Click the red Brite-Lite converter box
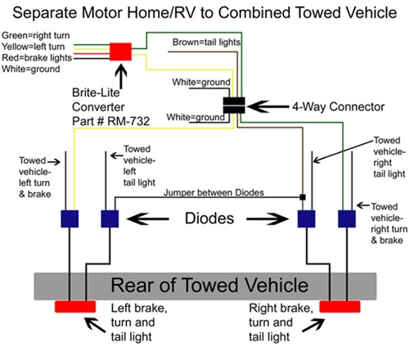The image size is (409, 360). click(x=120, y=52)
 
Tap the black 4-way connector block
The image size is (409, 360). click(x=234, y=106)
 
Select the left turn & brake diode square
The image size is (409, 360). click(x=70, y=218)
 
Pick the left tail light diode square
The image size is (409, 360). click(x=110, y=218)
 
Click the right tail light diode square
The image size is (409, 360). click(x=307, y=218)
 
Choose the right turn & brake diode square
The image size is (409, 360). click(x=347, y=218)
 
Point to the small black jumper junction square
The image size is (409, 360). click(x=303, y=197)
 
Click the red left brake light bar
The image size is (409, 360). click(x=75, y=307)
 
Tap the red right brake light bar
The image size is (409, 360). click(x=339, y=307)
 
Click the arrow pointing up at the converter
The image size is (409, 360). click(x=121, y=76)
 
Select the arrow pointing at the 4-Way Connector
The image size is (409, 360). click(x=267, y=106)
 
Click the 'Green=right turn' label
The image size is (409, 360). click(x=36, y=35)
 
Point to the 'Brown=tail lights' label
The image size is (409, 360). click(x=206, y=43)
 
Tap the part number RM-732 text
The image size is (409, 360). click(x=111, y=121)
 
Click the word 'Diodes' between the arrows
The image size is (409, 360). click(x=209, y=218)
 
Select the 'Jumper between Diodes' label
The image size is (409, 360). click(x=213, y=192)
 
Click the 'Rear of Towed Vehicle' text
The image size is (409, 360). click(x=209, y=286)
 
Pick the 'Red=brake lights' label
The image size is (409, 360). click(x=37, y=58)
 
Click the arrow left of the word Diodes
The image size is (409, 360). click(x=148, y=218)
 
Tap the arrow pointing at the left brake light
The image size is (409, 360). click(x=95, y=325)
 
